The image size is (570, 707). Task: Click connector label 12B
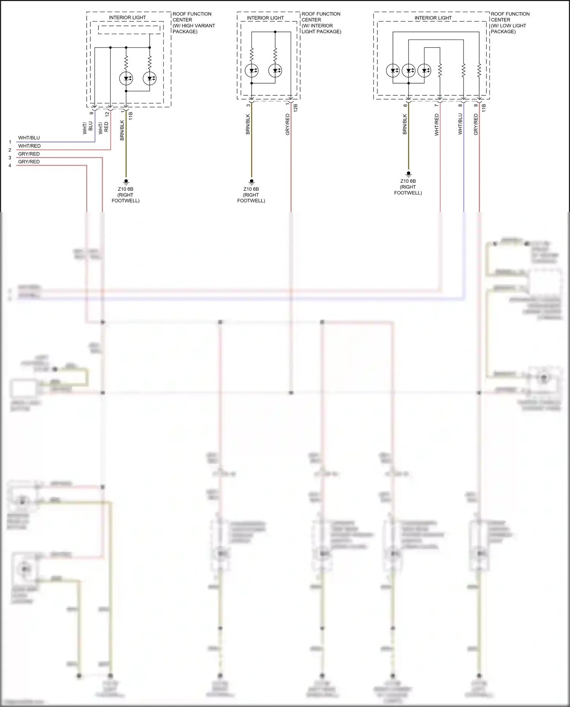tap(296, 108)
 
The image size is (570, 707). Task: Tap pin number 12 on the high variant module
tap(107, 114)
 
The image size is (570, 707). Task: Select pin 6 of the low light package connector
tap(405, 105)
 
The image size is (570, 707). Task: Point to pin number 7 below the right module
tap(436, 105)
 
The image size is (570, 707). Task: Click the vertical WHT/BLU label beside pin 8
tap(460, 124)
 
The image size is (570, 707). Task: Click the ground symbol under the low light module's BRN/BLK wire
tap(408, 174)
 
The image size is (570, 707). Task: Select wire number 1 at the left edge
tap(10, 142)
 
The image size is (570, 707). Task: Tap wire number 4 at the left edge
tap(10, 166)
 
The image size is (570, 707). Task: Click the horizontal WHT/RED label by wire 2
tap(29, 146)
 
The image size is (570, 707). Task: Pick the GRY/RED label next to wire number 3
tap(29, 154)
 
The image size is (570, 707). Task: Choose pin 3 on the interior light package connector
tap(249, 105)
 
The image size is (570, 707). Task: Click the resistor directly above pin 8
tap(464, 70)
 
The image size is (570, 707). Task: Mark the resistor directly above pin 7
tap(440, 70)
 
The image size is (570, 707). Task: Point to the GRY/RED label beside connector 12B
tap(288, 124)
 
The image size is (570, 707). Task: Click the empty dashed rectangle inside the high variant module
tap(129, 30)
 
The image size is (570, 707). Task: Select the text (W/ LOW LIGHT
tap(508, 26)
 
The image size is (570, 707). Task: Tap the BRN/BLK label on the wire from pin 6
tap(405, 124)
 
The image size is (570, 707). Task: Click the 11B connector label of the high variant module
tap(131, 116)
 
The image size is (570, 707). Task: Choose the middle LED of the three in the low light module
tap(408, 71)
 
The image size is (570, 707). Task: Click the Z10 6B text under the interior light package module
tap(251, 189)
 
